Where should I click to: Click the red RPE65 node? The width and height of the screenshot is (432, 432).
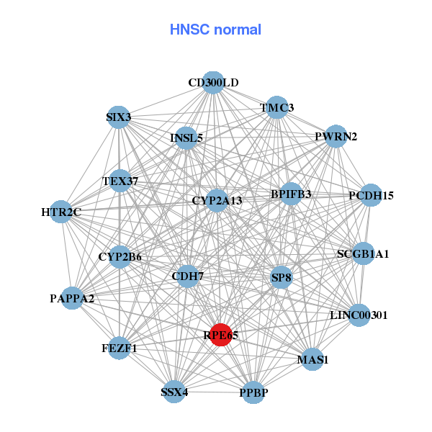point(220,335)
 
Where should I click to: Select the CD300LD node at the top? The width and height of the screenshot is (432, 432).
point(212,82)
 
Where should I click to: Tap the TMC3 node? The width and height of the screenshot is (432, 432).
point(277,108)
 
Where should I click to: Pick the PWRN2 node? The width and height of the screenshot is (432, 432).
point(336,136)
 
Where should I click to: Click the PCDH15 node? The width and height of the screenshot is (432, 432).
point(370,195)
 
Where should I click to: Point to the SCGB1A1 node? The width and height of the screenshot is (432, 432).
point(363,253)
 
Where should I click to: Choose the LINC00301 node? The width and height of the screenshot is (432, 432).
point(359,315)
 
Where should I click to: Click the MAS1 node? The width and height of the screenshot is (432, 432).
point(312,359)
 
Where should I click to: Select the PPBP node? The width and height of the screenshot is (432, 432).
point(253,392)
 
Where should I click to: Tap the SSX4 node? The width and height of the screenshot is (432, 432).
point(174,392)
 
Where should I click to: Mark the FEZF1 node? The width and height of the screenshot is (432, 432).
point(120,348)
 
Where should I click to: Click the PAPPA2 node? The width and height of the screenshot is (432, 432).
point(72,297)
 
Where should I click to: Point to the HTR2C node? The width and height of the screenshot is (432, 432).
point(61,212)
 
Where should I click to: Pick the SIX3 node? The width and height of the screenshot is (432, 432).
point(118,117)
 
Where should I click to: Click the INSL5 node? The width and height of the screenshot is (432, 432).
point(186,138)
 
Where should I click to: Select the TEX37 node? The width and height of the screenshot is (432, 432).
point(120,181)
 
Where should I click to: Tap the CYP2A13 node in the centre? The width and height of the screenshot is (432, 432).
point(217,200)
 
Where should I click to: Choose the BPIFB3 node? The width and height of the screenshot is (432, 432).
point(291,194)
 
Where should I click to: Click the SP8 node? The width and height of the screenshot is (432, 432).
point(281,277)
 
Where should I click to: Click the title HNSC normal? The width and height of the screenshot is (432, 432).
point(215,30)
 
